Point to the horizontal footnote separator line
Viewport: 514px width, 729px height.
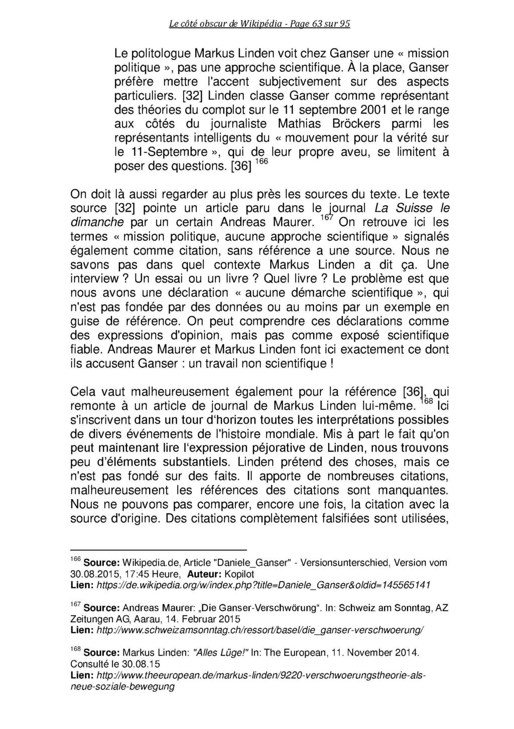159,550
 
